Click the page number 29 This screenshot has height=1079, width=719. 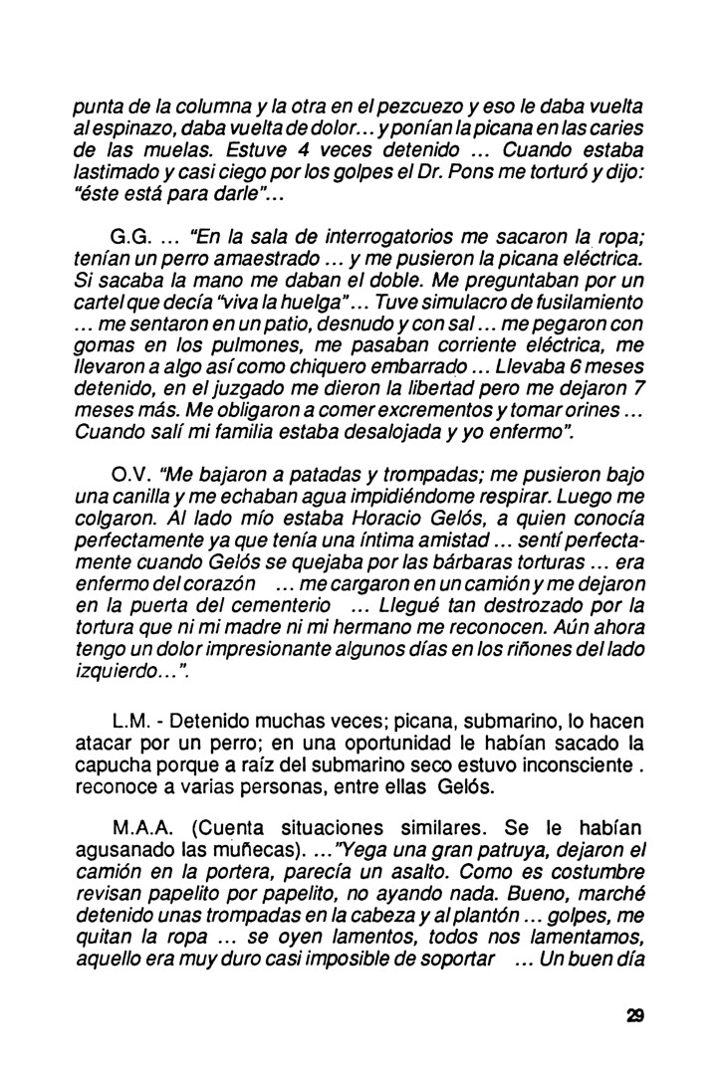(x=635, y=1016)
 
